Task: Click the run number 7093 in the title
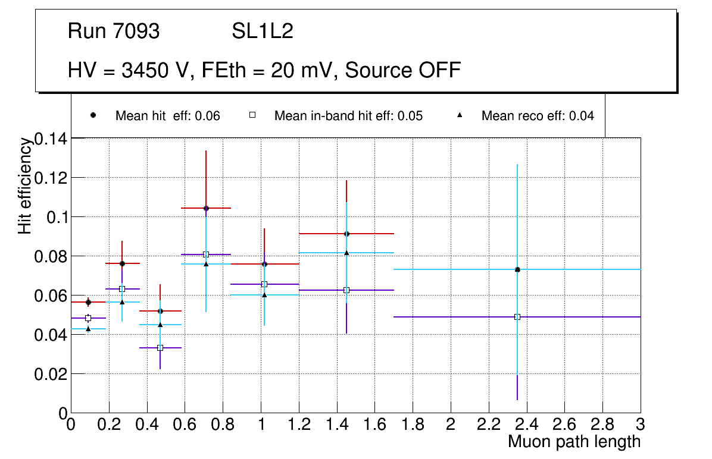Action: click(x=136, y=32)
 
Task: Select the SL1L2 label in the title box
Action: click(x=263, y=32)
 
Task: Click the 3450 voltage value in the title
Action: click(x=146, y=70)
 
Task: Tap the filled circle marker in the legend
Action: click(x=93, y=115)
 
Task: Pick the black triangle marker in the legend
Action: click(x=460, y=115)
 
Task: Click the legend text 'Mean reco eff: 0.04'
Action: click(x=538, y=116)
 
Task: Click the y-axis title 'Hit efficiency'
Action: click(x=25, y=186)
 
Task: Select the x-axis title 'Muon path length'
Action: click(x=574, y=442)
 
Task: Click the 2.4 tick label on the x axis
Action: click(x=526, y=424)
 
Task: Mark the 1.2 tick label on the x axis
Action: click(x=299, y=424)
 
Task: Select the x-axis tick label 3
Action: click(x=641, y=424)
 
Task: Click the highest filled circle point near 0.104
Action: click(x=206, y=208)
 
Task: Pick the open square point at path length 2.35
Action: click(x=517, y=317)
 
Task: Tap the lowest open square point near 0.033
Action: click(x=160, y=348)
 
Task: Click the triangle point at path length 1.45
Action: click(x=346, y=253)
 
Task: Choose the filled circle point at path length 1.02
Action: click(x=264, y=264)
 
